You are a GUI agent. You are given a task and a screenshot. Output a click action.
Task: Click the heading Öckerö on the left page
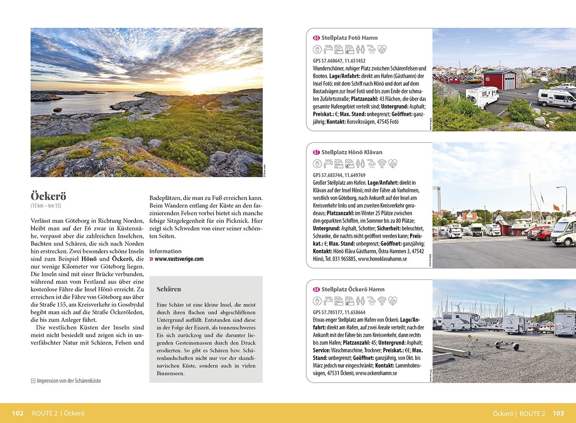coord(49,196)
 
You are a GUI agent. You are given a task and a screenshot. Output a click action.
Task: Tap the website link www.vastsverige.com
coord(179,259)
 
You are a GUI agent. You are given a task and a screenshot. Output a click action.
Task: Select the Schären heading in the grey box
coord(169,289)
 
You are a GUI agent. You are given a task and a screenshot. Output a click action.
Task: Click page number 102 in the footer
coord(17,413)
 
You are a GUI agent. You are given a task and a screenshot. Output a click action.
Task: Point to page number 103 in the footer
coord(558,413)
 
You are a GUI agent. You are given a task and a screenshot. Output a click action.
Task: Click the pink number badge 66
coord(316,38)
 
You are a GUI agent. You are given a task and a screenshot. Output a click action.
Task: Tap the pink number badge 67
coord(316,152)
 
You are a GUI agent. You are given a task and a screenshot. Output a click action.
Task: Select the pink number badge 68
coord(316,290)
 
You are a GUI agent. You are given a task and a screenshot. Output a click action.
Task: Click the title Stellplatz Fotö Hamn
coord(349,38)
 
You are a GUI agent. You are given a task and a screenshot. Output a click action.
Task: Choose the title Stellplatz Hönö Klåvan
coord(352,152)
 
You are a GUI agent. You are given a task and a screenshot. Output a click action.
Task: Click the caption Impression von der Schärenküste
coord(69,381)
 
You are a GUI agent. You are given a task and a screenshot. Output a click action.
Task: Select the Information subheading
coord(165,251)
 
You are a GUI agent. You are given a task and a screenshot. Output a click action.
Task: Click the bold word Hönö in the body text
coord(89,259)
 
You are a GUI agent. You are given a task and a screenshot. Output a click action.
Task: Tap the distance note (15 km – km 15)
coord(46,206)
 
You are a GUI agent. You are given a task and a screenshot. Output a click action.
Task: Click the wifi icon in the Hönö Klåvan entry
coord(382,164)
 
